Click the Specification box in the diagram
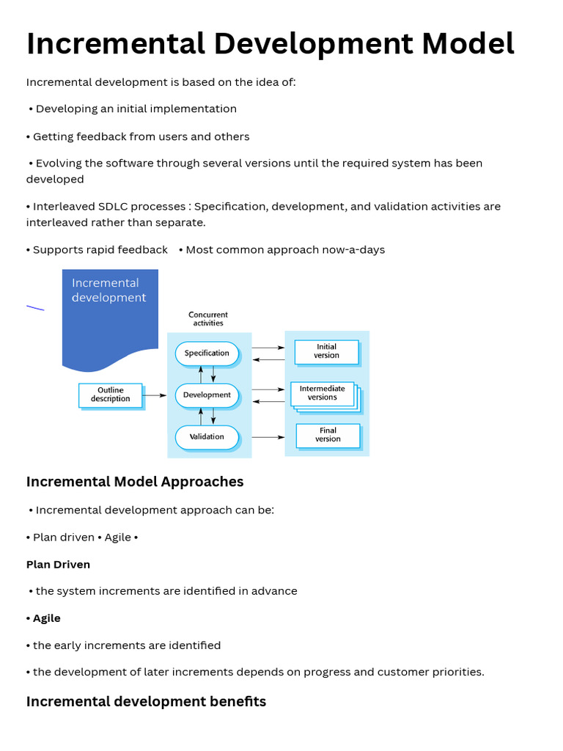pos(207,353)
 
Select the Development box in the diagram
pos(207,395)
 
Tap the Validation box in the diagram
pos(207,437)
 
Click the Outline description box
pos(110,395)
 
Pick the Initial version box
pos(326,352)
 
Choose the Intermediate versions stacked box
pos(323,394)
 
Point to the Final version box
pos(328,436)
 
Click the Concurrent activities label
pos(208,319)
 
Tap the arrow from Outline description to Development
pos(155,395)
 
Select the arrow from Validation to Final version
pos(268,437)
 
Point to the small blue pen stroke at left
pos(35,308)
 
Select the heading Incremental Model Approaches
pos(135,482)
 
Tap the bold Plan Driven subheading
pos(58,565)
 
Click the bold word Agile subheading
pos(47,618)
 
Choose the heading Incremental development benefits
pos(146,702)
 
